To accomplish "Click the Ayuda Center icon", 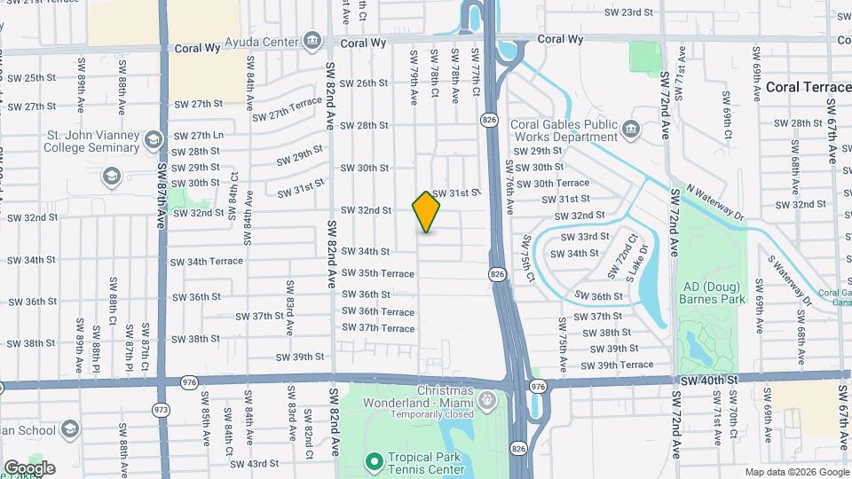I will (x=312, y=41).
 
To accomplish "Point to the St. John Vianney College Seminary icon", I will (x=154, y=141).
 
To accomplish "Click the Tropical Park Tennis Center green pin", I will (x=375, y=461).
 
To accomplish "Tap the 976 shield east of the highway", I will (x=538, y=387).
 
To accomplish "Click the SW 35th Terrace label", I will (x=379, y=273).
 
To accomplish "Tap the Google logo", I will (x=28, y=468).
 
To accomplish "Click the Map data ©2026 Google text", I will (x=795, y=472).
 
